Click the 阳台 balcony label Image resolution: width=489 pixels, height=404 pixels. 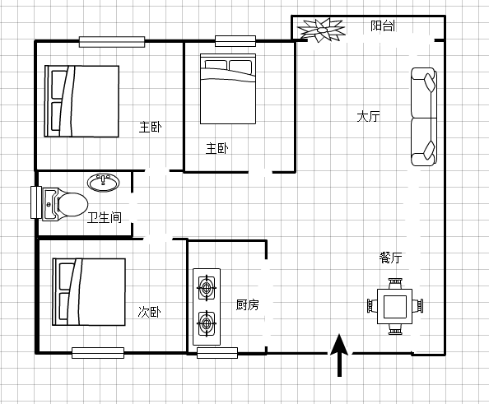(x=383, y=26)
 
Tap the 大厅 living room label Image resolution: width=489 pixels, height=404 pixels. (x=368, y=117)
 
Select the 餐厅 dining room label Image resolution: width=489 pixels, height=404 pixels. (x=390, y=258)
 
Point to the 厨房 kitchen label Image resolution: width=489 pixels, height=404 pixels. (x=247, y=304)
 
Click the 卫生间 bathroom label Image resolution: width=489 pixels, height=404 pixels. (x=105, y=217)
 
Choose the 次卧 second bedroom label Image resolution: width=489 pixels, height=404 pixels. (x=149, y=312)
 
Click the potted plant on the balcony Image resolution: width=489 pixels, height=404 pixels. (x=321, y=30)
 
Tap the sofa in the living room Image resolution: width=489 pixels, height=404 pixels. (x=423, y=117)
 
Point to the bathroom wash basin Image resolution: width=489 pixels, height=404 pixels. (x=103, y=183)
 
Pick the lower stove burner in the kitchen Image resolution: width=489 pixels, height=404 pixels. (x=207, y=323)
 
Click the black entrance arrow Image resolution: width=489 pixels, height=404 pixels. (x=339, y=355)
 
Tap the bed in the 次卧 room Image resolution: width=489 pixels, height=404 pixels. (x=89, y=292)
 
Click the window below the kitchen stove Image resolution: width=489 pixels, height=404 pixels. (x=217, y=353)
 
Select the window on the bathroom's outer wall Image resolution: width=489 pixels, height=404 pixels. (x=36, y=202)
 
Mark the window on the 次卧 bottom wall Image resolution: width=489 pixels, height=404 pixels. (x=98, y=353)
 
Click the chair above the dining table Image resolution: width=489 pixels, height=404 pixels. (x=395, y=284)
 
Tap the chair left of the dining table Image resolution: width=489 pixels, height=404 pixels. (x=372, y=306)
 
